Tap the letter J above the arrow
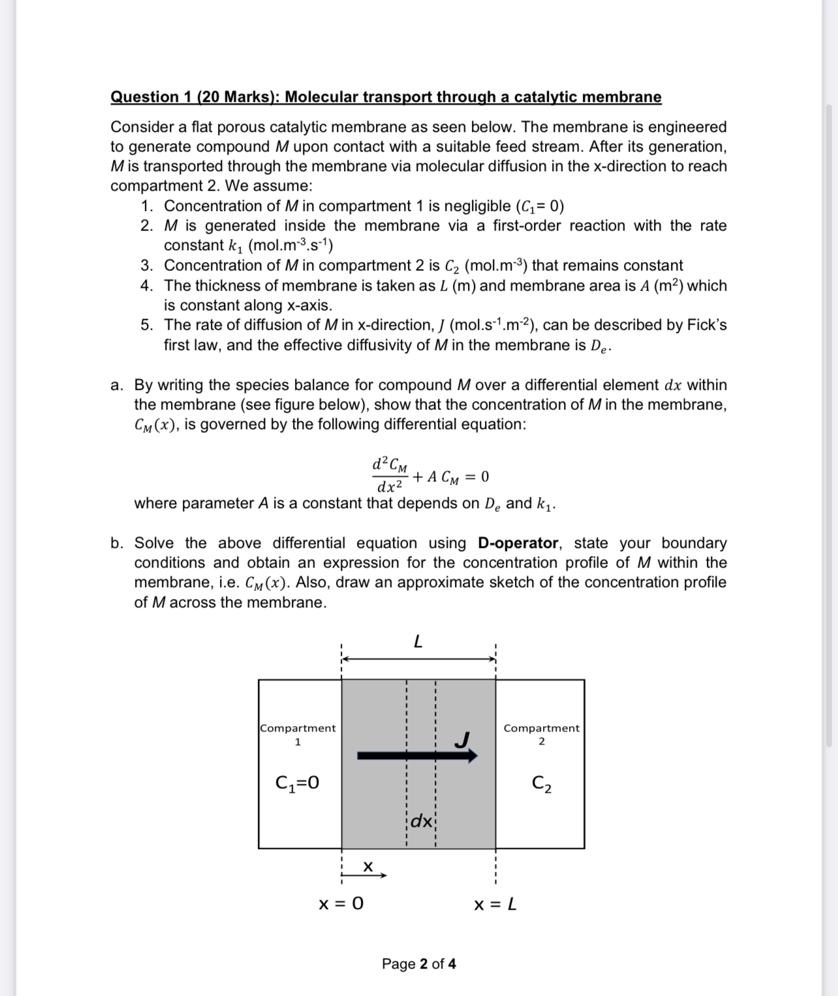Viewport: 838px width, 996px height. (462, 739)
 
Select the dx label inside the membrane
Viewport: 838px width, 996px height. (421, 821)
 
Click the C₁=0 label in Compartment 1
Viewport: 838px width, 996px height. (298, 782)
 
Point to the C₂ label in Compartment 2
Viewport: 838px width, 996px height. (541, 783)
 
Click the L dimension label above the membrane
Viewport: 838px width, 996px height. (418, 642)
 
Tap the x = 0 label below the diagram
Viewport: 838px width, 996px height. (341, 904)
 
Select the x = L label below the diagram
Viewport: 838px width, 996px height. (495, 905)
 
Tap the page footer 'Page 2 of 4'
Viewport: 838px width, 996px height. (418, 964)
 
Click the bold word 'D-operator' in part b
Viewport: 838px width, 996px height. (518, 543)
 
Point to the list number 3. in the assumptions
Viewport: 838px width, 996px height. (147, 266)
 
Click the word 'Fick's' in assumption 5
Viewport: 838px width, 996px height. (706, 325)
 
